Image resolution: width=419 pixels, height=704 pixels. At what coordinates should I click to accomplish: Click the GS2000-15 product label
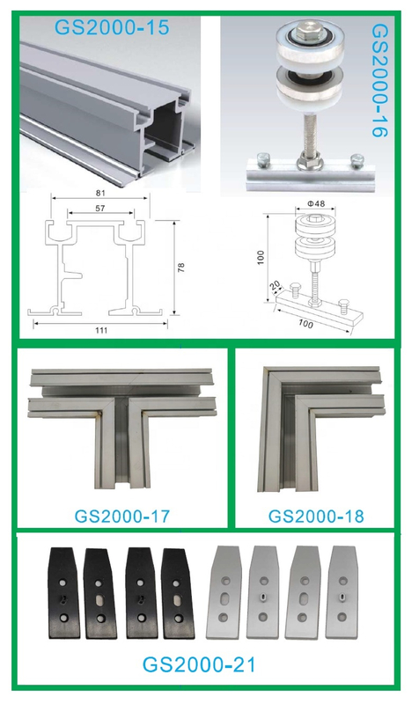click(x=112, y=28)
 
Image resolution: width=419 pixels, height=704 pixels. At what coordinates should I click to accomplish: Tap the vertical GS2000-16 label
click(x=380, y=80)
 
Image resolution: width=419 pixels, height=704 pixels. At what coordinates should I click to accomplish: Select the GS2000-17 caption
click(x=122, y=516)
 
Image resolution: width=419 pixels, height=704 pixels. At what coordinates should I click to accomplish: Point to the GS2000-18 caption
click(x=316, y=516)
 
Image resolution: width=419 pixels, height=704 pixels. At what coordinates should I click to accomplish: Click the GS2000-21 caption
click(x=199, y=664)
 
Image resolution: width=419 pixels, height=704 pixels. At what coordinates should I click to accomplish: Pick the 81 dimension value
click(x=100, y=193)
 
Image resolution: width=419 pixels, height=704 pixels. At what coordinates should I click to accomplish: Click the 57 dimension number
click(x=100, y=208)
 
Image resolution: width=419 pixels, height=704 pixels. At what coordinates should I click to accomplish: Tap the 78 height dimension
click(x=180, y=268)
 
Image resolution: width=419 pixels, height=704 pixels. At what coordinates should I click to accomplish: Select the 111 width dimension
click(x=101, y=331)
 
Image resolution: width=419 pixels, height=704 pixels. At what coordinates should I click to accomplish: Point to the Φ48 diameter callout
click(x=316, y=203)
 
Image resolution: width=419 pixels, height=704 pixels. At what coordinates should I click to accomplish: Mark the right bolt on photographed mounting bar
click(x=357, y=160)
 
